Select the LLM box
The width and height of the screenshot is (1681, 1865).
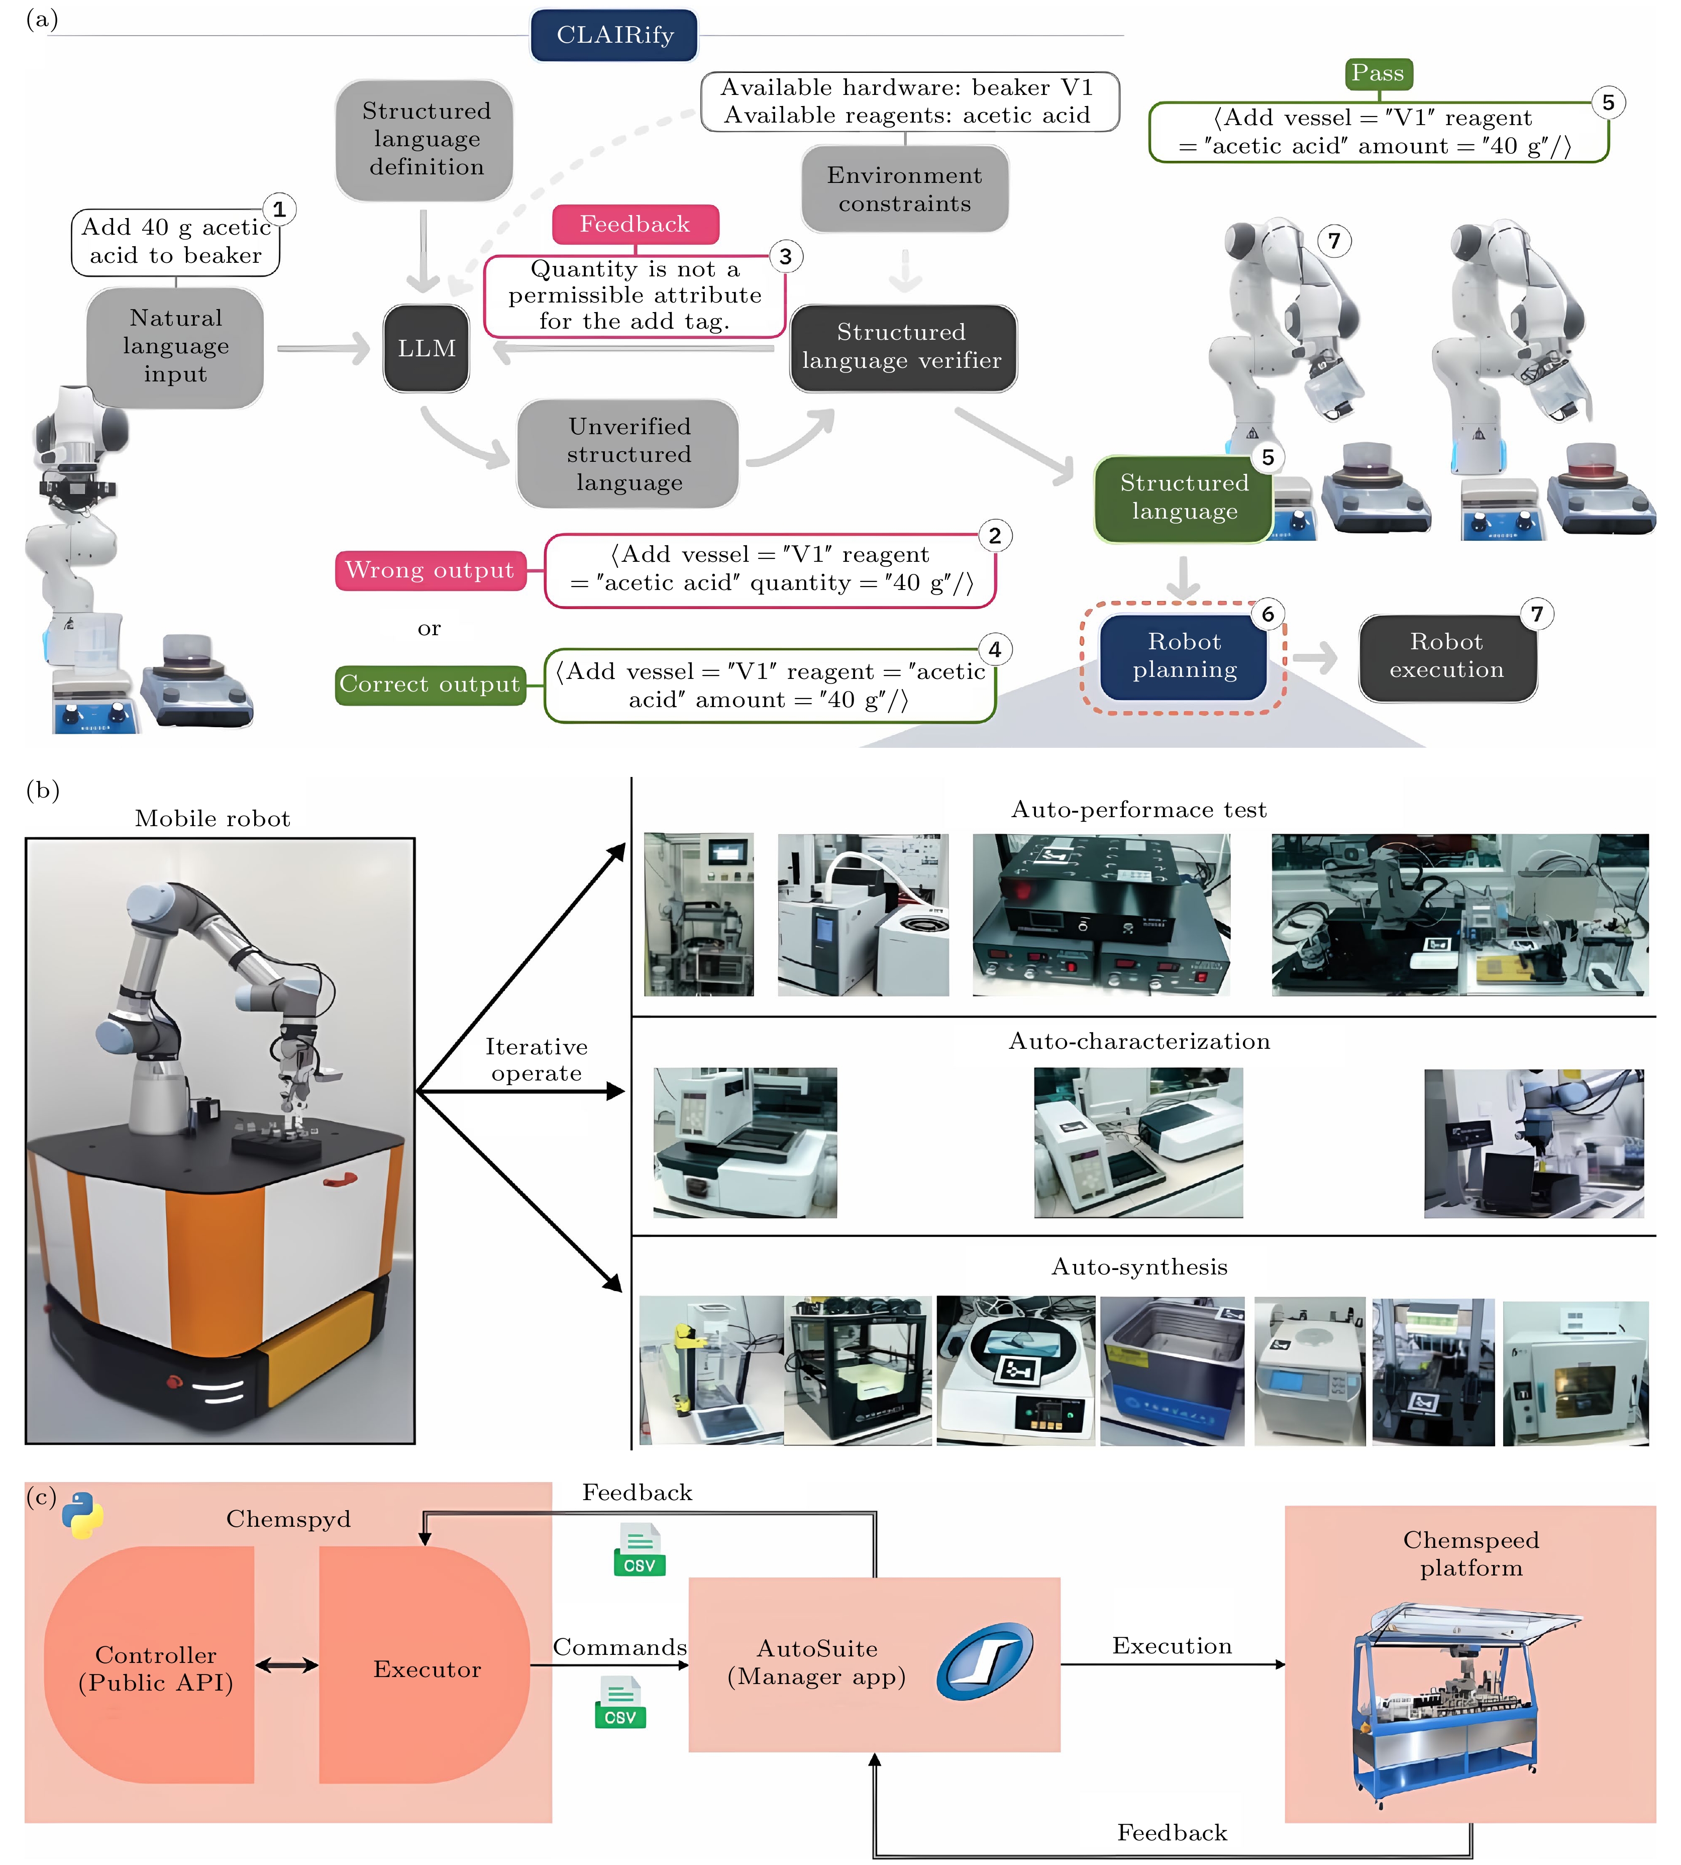pos(426,348)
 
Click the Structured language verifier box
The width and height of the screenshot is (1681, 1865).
pos(902,347)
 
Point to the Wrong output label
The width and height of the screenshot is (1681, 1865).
pos(430,570)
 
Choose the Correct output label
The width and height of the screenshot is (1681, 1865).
pos(430,684)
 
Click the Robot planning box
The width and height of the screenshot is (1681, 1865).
pos(1184,656)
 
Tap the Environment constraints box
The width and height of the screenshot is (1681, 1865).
pos(904,189)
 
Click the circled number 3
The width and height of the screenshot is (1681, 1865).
pos(785,257)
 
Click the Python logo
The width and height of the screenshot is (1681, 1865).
pos(82,1515)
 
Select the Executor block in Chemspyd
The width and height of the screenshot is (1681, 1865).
pos(426,1668)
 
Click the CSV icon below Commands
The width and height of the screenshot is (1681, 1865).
pos(620,1703)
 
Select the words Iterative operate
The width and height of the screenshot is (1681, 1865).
pos(537,1059)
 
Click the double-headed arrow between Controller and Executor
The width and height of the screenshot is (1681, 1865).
pos(286,1665)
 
